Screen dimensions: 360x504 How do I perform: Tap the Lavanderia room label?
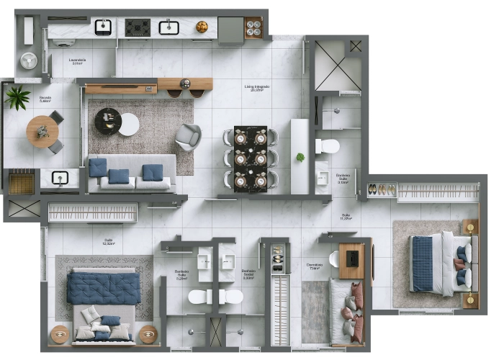[x=77, y=61]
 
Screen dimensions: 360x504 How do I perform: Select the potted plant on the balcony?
[x=17, y=97]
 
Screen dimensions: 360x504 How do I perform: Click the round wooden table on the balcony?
[x=42, y=131]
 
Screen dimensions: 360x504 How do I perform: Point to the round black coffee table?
[x=108, y=120]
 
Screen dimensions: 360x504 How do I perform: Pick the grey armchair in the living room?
[x=189, y=137]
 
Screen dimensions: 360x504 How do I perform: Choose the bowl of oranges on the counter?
[x=202, y=27]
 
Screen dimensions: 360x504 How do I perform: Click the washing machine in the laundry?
[x=29, y=60]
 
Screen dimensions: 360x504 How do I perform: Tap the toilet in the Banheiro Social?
[x=231, y=296]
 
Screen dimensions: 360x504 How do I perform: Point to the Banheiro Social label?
[x=249, y=274]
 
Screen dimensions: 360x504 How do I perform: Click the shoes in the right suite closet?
[x=382, y=190]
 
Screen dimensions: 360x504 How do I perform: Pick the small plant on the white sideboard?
[x=300, y=157]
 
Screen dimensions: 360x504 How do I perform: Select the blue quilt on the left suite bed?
[x=103, y=287]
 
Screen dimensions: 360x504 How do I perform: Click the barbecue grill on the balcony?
[x=22, y=183]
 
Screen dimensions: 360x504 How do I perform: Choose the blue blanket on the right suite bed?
[x=423, y=264]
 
